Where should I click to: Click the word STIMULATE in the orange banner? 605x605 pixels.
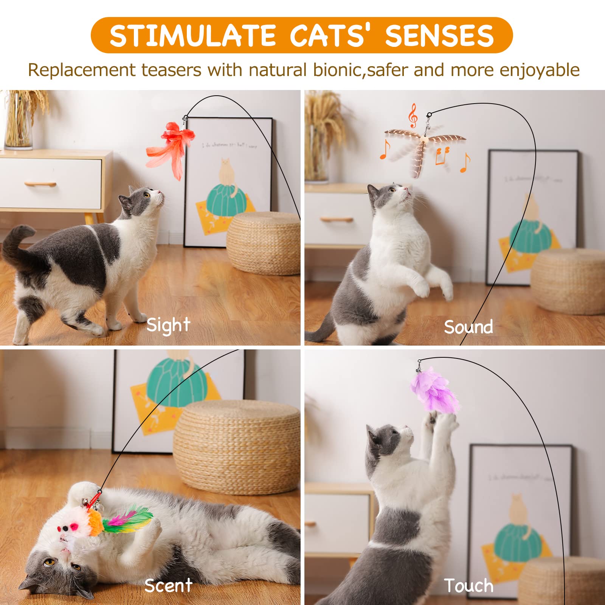(x=192, y=36)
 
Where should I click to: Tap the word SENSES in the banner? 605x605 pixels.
(x=439, y=36)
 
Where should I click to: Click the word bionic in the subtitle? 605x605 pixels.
(x=337, y=70)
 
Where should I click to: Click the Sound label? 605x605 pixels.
(x=468, y=327)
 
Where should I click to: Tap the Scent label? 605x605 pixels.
(x=168, y=586)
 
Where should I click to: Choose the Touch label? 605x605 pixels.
(x=468, y=586)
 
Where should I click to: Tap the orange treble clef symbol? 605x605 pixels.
(x=413, y=116)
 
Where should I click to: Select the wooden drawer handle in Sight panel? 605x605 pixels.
(x=40, y=184)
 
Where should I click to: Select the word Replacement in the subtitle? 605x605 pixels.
(x=81, y=70)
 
